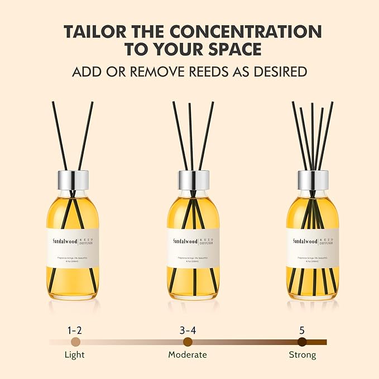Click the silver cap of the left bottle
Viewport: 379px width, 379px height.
point(73,180)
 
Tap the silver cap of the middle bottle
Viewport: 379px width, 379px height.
point(193,180)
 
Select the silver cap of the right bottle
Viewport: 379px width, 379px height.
point(313,180)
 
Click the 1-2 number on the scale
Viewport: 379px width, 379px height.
point(75,329)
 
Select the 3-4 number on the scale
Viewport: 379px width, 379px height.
point(188,329)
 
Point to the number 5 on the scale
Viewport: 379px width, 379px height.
point(302,329)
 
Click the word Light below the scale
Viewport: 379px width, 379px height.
point(75,354)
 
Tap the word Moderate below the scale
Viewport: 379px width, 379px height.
point(188,354)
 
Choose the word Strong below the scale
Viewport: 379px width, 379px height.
point(302,354)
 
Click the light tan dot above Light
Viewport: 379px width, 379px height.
point(76,342)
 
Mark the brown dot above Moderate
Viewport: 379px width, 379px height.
point(188,342)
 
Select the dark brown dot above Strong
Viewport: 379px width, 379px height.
point(302,342)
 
